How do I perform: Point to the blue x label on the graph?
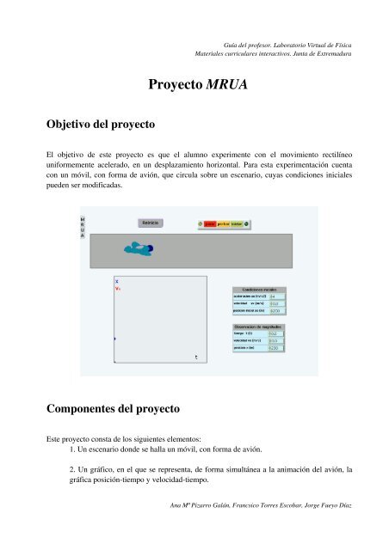(116, 280)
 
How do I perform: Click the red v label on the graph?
(117, 289)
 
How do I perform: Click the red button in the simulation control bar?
(209, 223)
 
